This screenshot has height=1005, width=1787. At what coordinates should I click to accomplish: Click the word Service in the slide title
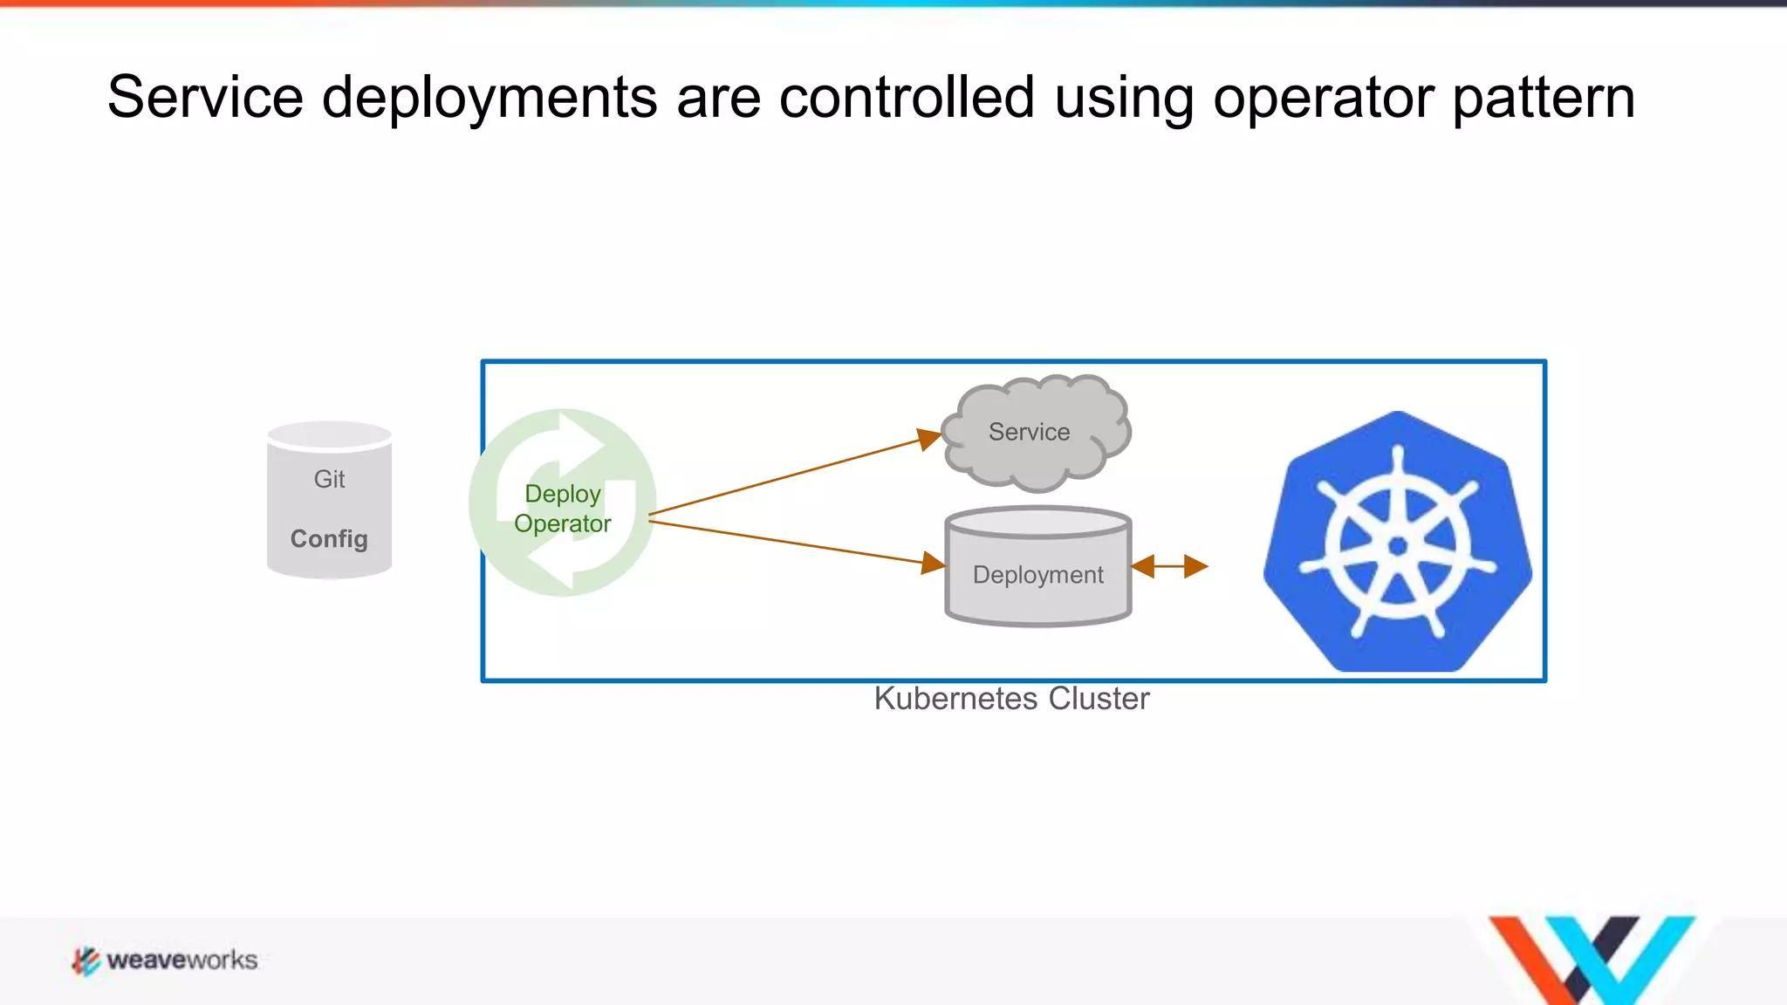205,97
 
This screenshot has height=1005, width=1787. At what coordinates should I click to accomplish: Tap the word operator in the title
1323,99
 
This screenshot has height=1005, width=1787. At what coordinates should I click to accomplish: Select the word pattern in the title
1544,99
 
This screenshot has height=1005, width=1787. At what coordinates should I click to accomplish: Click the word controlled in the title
907,97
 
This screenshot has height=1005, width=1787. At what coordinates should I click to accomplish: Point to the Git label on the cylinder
329,479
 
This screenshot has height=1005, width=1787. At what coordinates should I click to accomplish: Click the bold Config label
329,539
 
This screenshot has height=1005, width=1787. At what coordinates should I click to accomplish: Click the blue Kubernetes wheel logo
1398,544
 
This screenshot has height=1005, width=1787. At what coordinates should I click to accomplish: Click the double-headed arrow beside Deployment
1169,567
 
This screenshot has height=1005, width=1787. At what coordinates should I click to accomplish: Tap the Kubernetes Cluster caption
1011,699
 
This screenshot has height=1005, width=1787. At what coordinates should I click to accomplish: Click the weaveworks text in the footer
182,961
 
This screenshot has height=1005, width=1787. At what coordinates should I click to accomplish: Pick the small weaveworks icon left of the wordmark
86,961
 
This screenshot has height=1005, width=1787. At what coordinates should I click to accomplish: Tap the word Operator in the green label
563,523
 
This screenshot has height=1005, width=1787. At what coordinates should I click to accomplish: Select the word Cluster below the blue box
1099,699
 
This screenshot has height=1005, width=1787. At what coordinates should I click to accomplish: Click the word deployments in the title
489,99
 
